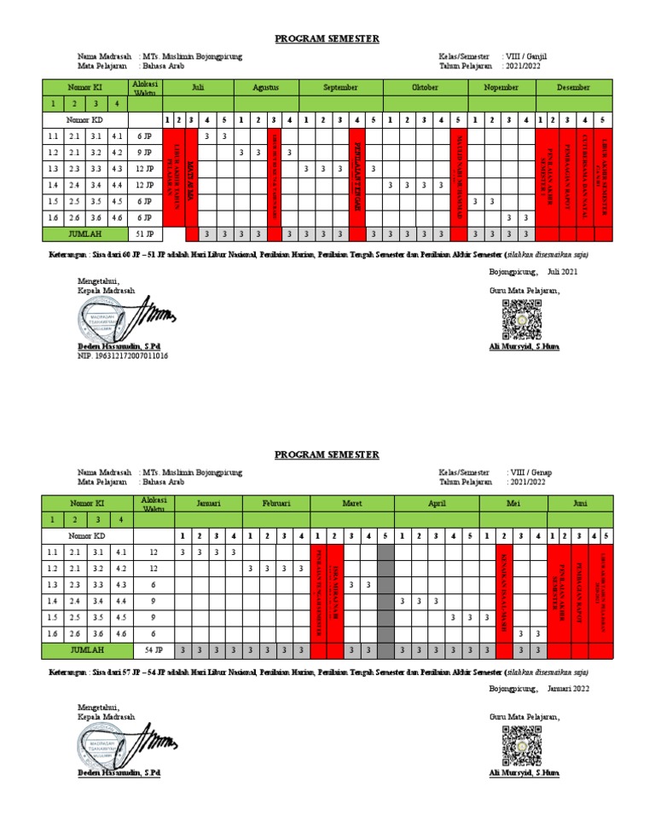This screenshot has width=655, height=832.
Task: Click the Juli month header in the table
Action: coord(198,88)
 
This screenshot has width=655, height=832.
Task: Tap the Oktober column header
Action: coord(425,88)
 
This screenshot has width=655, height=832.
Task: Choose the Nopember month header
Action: coord(501,88)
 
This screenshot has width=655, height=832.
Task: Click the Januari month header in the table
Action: coord(209,504)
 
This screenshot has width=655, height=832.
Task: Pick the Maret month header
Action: coord(351,504)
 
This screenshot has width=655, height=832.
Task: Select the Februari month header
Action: coord(276,504)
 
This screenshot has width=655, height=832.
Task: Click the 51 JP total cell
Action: coord(144,234)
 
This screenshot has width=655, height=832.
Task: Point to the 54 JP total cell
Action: coord(154,650)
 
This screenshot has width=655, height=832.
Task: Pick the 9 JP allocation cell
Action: coord(144,153)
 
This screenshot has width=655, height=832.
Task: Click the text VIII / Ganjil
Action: coord(527,56)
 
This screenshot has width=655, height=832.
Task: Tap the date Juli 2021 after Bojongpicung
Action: coord(562,272)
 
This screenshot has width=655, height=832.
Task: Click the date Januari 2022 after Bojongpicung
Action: coord(567,688)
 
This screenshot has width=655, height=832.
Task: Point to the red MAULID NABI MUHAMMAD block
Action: coord(458,176)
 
